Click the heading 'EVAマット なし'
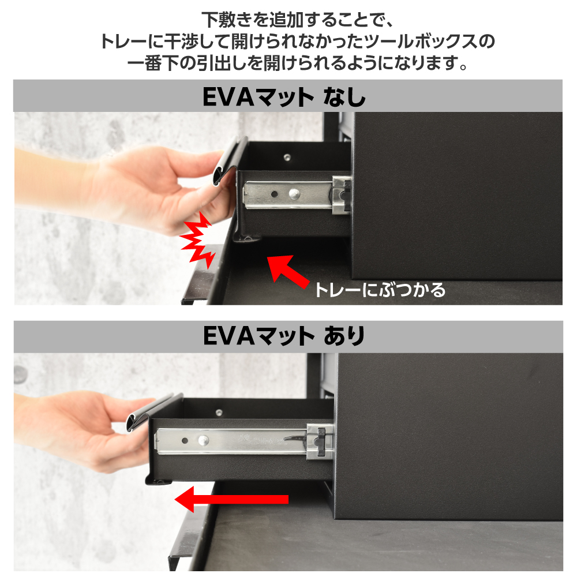point(284,97)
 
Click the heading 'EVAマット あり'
point(284,336)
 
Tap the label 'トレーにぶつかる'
point(380,290)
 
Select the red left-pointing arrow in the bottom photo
point(231,499)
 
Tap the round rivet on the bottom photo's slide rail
point(203,440)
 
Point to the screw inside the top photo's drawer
point(287,158)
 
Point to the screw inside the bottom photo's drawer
point(219,412)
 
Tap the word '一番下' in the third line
point(153,63)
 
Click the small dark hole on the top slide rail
point(274,194)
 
